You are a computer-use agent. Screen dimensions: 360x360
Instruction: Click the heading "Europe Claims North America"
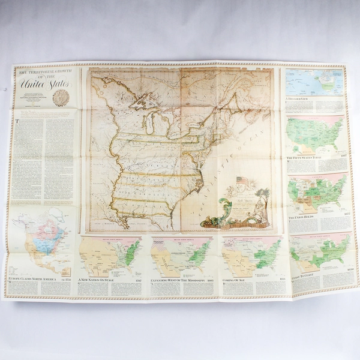[31, 280]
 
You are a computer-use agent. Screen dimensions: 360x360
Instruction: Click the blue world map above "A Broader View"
[314, 82]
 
